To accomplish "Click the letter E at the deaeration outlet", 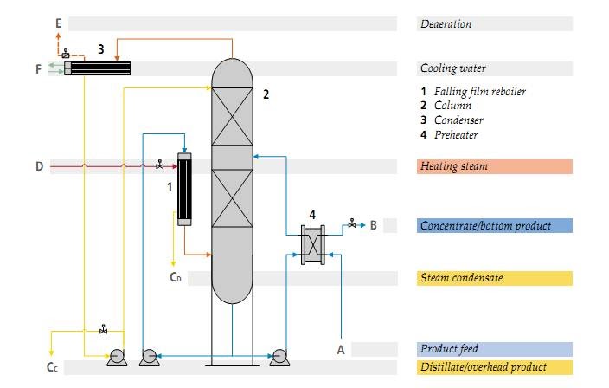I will (58, 23).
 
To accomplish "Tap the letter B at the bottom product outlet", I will (373, 226).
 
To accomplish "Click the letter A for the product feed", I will (340, 349).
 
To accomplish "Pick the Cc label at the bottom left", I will (52, 367).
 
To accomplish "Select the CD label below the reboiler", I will (176, 278).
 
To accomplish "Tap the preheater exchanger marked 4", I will (311, 245).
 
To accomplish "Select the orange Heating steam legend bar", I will (494, 166).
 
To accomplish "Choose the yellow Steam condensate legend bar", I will (494, 278).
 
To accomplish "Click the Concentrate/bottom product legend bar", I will (494, 226).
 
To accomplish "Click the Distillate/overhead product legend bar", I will (494, 367).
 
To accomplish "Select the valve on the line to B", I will (351, 225).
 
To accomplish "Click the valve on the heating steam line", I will (160, 165).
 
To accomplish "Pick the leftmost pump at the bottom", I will (116, 356).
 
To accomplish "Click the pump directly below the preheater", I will (279, 356).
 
